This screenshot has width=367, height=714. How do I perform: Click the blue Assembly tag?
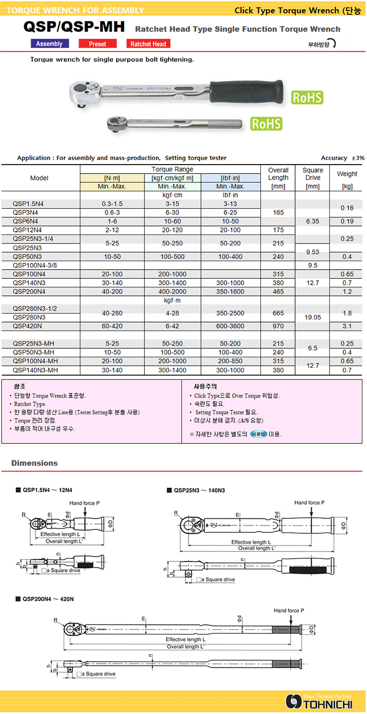pyautogui.click(x=49, y=44)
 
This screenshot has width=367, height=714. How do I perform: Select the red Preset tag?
pyautogui.click(x=98, y=44)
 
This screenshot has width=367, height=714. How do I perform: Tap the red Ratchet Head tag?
pyautogui.click(x=148, y=44)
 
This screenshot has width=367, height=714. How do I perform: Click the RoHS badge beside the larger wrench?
pyautogui.click(x=307, y=97)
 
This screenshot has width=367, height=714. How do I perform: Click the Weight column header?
pyautogui.click(x=347, y=174)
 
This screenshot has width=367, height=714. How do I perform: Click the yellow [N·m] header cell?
pyautogui.click(x=112, y=178)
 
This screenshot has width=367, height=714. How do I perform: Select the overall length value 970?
pyautogui.click(x=278, y=326)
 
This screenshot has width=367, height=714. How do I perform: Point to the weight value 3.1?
pyautogui.click(x=347, y=326)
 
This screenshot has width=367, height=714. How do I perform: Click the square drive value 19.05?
pyautogui.click(x=313, y=318)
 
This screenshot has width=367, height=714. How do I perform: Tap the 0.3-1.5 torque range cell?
pyautogui.click(x=112, y=204)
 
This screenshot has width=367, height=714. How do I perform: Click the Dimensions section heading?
pyautogui.click(x=35, y=463)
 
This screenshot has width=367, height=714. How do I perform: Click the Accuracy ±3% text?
pyautogui.click(x=342, y=158)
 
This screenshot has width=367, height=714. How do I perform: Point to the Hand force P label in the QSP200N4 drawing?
pyautogui.click(x=289, y=610)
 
